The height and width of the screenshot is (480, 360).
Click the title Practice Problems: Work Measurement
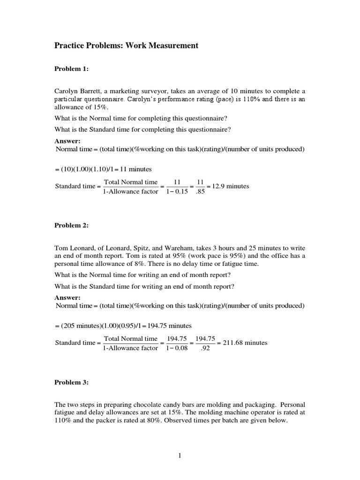point(127,45)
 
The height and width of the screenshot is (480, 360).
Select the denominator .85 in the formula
point(199,191)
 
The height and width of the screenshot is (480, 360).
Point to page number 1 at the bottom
point(180,458)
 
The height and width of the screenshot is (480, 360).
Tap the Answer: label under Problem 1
point(67,141)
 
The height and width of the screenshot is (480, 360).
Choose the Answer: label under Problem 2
point(67,297)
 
